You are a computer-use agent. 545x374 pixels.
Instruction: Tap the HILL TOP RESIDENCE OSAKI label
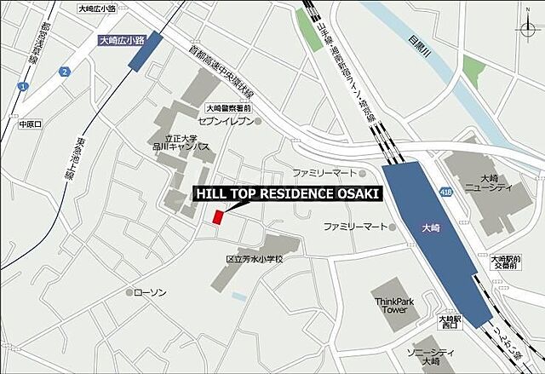(288, 193)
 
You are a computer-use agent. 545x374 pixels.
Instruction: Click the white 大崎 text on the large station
(433, 227)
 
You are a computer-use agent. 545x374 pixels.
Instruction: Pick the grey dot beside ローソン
(130, 292)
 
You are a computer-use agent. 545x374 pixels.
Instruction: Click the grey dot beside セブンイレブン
(259, 121)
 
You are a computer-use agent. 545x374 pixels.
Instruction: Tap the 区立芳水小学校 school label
(254, 258)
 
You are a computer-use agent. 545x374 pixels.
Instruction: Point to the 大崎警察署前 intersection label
(229, 109)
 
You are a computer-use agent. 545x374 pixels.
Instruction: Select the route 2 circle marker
(64, 72)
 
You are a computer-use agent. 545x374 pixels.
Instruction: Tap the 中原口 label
(31, 124)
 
